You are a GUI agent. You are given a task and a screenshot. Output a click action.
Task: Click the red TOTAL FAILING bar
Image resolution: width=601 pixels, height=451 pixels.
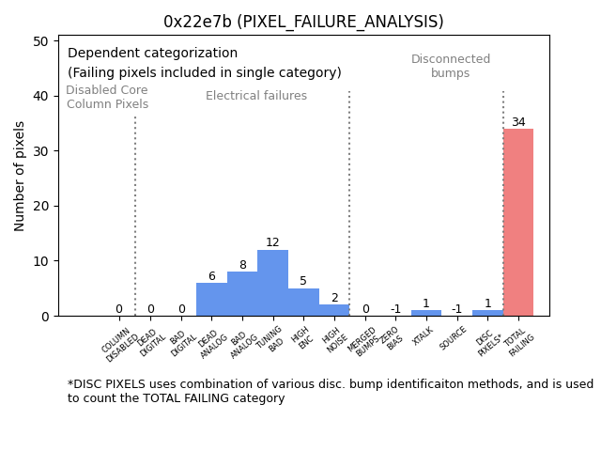tap(518, 223)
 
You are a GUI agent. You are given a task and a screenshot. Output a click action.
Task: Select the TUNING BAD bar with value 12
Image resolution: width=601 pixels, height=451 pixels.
tap(272, 283)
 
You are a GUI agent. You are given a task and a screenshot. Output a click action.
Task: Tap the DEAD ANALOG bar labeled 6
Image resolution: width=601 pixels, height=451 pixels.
tap(211, 300)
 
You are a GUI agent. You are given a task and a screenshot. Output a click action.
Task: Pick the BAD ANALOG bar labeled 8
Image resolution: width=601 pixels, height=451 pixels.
tap(242, 294)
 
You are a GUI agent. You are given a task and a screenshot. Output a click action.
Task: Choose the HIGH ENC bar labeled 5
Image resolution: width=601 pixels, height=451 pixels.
tap(303, 303)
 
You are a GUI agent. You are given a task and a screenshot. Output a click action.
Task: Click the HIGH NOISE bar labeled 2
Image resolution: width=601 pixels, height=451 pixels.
tap(334, 310)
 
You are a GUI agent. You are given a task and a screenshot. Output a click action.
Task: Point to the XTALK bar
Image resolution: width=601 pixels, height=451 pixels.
tap(425, 313)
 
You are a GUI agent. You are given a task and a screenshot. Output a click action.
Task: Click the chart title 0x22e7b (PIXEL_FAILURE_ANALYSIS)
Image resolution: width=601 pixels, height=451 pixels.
tap(303, 22)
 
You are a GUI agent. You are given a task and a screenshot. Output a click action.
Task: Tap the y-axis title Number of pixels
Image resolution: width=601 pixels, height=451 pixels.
tap(20, 176)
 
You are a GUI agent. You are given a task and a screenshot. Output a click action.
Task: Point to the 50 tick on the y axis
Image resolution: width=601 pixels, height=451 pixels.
tap(41, 41)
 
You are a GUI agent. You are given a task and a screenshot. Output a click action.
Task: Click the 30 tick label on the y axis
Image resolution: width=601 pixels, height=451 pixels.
tap(41, 151)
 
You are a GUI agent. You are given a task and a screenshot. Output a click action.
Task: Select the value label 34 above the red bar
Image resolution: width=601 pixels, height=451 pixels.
tap(518, 122)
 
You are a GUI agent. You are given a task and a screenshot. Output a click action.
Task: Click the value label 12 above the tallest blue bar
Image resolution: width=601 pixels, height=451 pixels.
tap(272, 242)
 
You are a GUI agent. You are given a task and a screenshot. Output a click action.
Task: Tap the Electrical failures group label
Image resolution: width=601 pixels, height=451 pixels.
tap(255, 96)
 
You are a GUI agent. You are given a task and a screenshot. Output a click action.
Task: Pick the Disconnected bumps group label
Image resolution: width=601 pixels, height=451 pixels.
tap(451, 66)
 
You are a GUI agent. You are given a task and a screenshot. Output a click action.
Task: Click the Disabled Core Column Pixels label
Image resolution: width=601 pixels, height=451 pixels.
tap(107, 97)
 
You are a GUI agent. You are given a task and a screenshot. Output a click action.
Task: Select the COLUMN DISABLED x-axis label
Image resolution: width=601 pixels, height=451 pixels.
tap(120, 345)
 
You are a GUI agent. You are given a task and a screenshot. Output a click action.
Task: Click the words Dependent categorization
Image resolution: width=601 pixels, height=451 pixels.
tap(152, 54)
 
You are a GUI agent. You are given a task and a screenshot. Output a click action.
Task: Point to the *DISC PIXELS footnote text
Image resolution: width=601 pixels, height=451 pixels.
tap(330, 391)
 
